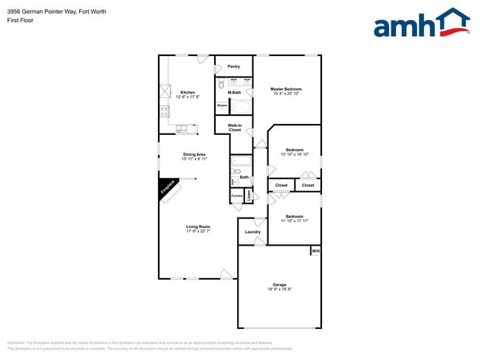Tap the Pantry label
pos(233,66)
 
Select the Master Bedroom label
pos(287,89)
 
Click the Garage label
pos(279,285)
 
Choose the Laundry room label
pos(253,232)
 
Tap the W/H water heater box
pos(315,251)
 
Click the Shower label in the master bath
pos(222,106)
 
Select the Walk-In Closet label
pos(234,128)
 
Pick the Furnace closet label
pos(236,195)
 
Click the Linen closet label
pos(249,195)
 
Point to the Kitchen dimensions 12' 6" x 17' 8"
pos(188,97)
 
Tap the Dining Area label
pos(193,154)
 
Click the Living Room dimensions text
pos(199,231)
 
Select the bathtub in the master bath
pos(241,107)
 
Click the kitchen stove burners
pos(164,112)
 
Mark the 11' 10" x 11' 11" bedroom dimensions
pos(294,221)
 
